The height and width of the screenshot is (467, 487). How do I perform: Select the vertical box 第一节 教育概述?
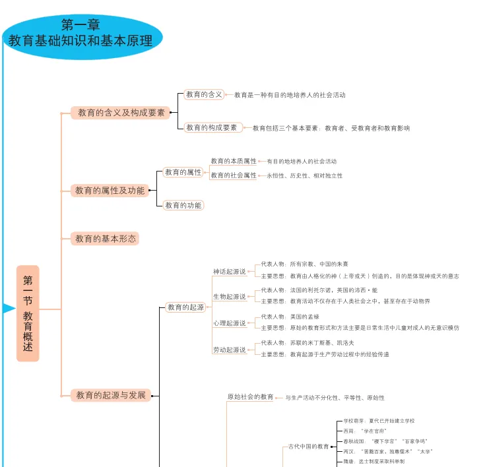pyautogui.click(x=28, y=313)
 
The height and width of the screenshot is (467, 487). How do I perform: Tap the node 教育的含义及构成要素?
pyautogui.click(x=121, y=113)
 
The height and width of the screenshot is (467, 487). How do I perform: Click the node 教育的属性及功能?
pyautogui.click(x=110, y=191)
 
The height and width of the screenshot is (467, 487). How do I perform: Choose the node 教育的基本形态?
pyautogui.click(x=106, y=239)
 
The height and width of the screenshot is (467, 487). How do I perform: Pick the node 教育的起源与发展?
pyautogui.click(x=111, y=396)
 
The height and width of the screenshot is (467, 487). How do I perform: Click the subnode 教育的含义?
pyautogui.click(x=204, y=95)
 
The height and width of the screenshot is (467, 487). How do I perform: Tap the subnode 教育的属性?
pyautogui.click(x=183, y=172)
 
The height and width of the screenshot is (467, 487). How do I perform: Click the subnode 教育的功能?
pyautogui.click(x=183, y=205)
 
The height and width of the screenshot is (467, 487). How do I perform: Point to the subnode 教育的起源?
pyautogui.click(x=185, y=307)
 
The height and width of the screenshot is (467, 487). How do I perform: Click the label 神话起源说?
pyautogui.click(x=229, y=272)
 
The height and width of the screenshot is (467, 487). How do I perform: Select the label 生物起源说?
pyautogui.click(x=229, y=297)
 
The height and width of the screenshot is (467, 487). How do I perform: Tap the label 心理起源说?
pyautogui.click(x=229, y=323)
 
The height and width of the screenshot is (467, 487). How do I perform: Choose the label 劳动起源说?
pyautogui.click(x=229, y=350)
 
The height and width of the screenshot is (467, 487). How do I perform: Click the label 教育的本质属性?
pyautogui.click(x=234, y=161)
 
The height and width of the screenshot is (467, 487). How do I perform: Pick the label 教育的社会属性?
pyautogui.click(x=234, y=175)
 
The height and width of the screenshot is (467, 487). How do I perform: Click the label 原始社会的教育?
pyautogui.click(x=250, y=397)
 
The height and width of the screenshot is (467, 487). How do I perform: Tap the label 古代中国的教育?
pyautogui.click(x=309, y=447)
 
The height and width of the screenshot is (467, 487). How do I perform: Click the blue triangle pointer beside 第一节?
pyautogui.click(x=9, y=309)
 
